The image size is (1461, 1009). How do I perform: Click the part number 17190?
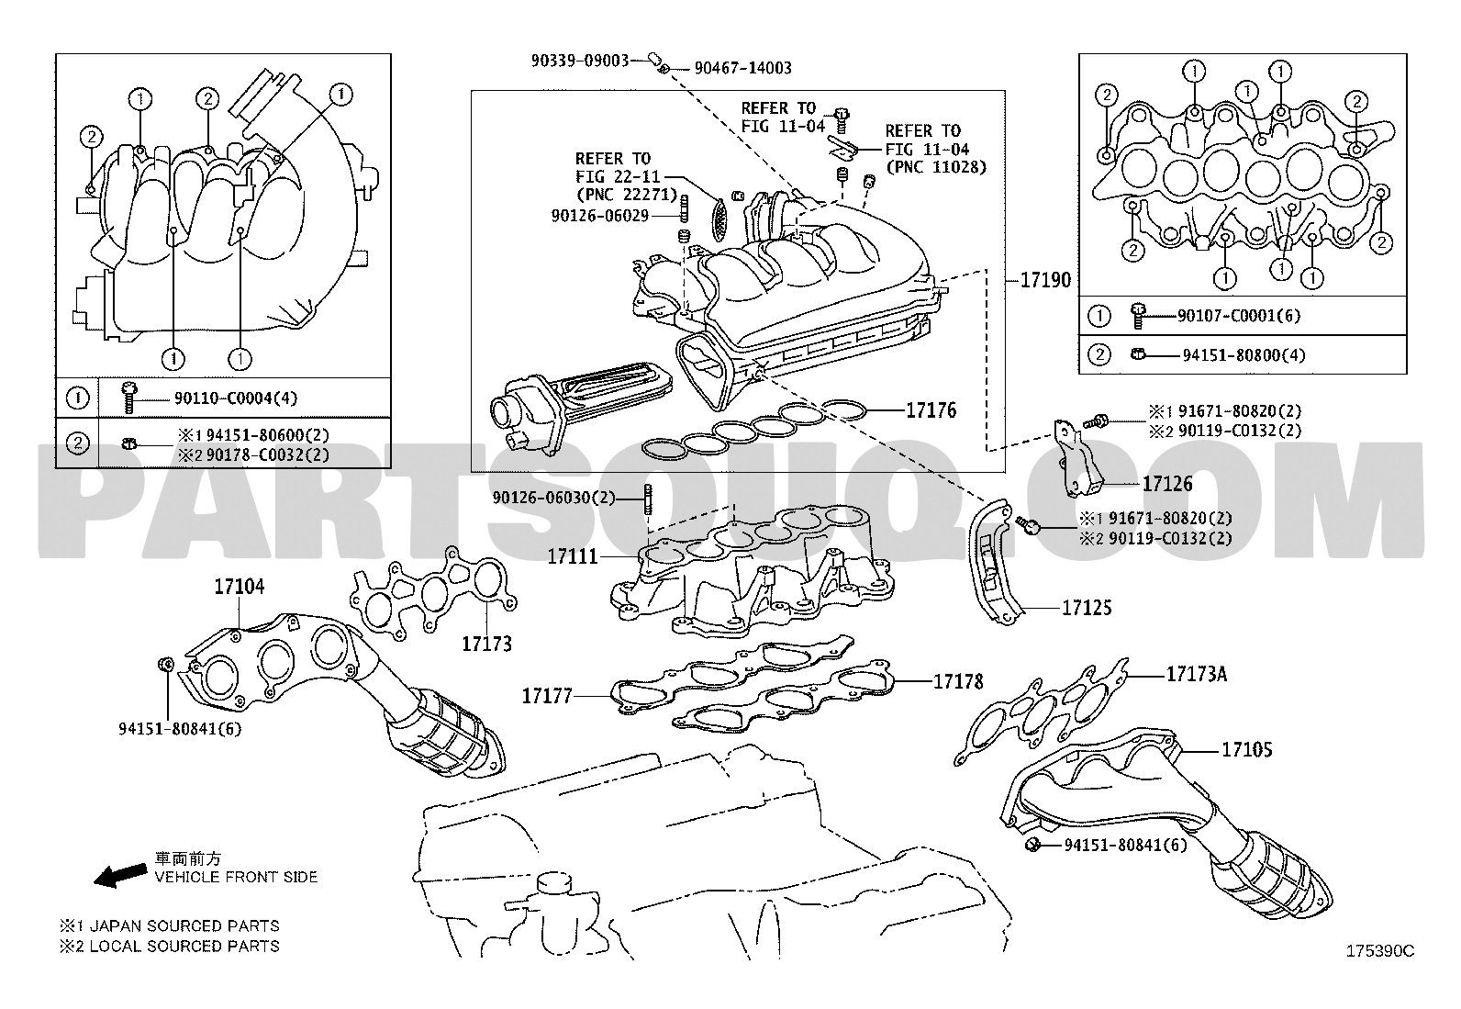[1045, 279]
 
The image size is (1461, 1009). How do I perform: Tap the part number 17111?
[573, 556]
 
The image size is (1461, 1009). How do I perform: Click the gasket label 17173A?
[1197, 675]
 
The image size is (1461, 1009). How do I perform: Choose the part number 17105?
[1246, 749]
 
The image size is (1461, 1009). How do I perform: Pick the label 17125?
[1087, 608]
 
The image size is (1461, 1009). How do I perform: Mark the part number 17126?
[1167, 482]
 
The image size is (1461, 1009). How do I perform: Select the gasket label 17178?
[958, 681]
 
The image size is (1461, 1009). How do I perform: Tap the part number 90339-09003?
[579, 61]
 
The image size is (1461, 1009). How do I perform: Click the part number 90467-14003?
[742, 68]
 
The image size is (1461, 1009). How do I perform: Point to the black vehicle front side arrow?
[120, 874]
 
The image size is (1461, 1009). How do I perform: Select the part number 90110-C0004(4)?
[236, 398]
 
